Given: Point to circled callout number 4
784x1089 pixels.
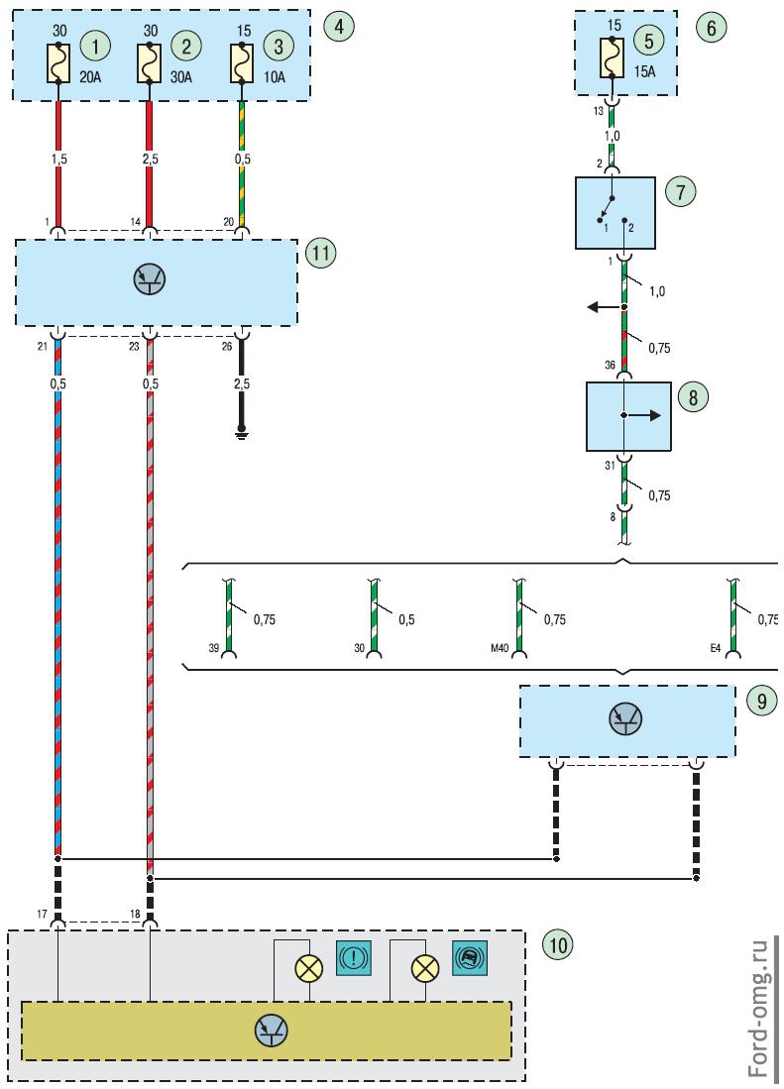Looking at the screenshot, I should pos(339,27).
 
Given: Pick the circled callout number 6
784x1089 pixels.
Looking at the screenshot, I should pos(711,27).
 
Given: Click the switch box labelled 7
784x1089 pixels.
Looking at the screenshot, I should pos(615,213).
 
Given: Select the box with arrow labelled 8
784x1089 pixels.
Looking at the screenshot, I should pos(628,417).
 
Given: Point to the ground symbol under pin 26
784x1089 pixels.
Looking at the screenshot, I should pos(239,433).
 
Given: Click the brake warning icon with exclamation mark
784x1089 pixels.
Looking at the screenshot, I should pos(354,956).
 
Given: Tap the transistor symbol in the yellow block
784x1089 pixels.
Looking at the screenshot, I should pos(270,1030).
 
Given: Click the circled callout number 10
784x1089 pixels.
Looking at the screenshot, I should pos(557,944).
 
